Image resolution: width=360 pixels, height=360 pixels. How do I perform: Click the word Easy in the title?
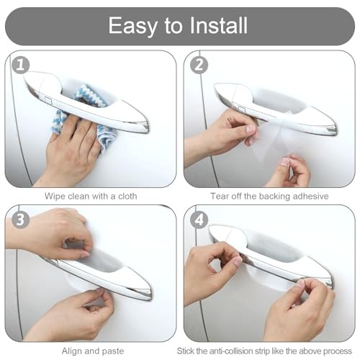pos(132,26)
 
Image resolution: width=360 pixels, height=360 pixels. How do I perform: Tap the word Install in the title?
pos(218,25)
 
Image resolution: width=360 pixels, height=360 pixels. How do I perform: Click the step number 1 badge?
pos(21,65)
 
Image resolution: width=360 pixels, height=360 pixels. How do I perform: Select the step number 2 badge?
pos(199,65)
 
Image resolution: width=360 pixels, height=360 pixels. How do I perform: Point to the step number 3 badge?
pos(21,220)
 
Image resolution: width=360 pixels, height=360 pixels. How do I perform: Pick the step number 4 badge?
pos(199,220)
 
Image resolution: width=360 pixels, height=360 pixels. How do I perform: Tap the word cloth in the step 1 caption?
pos(127,196)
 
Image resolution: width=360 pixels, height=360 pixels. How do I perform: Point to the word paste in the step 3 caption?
pos(113,352)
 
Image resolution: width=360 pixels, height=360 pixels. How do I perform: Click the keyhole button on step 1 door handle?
pos(48,99)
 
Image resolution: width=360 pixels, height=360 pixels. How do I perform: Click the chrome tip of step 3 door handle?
pos(145,294)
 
